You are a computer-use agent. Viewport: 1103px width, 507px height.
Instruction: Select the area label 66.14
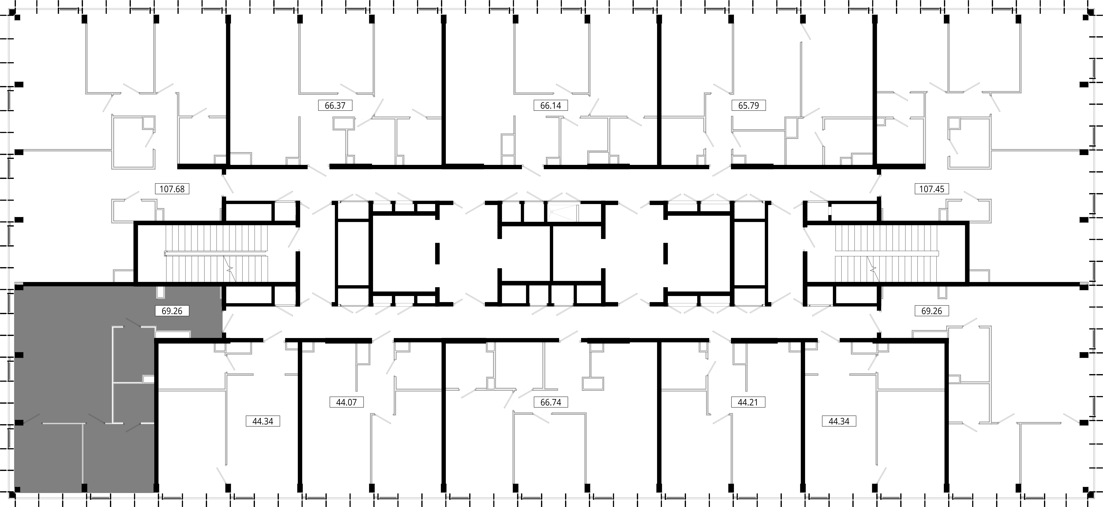click(x=551, y=105)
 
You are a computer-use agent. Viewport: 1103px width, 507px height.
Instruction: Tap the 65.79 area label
click(x=748, y=105)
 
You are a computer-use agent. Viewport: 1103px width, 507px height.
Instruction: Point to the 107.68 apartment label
click(x=172, y=189)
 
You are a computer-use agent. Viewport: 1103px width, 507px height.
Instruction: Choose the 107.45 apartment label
click(x=932, y=189)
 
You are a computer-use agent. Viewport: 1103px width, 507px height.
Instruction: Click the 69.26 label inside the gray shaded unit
click(x=172, y=311)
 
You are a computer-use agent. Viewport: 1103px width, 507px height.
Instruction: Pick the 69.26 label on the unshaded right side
click(x=932, y=311)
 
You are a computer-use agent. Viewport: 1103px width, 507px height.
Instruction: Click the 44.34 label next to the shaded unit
click(x=263, y=421)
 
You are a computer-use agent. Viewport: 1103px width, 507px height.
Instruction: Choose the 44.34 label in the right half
click(x=839, y=421)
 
